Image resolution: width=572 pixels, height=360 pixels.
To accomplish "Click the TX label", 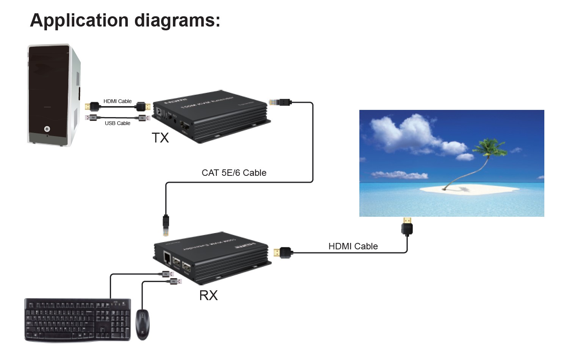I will (160, 138).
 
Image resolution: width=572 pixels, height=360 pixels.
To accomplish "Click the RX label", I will (208, 295).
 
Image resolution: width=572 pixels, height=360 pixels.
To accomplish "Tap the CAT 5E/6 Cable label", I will (234, 173).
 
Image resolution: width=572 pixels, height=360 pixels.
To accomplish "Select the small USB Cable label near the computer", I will (118, 123).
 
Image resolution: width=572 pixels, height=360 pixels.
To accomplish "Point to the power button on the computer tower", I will (47, 129).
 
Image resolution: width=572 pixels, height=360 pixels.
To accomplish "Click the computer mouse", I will (143, 324).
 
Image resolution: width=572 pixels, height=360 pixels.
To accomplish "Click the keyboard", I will (78, 320).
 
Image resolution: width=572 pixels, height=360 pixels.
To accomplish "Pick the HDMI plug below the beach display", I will (407, 226).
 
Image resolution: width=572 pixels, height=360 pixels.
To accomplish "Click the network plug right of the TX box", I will (280, 102).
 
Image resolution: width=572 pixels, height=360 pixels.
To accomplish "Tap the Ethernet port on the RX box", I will (167, 257).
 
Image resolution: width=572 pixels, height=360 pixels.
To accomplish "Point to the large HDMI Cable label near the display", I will (353, 246).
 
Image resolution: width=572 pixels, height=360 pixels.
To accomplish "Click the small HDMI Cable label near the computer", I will (118, 101).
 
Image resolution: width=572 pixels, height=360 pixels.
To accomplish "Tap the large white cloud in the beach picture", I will (402, 133).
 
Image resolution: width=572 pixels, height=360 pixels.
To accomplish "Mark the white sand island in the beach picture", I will (470, 189).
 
